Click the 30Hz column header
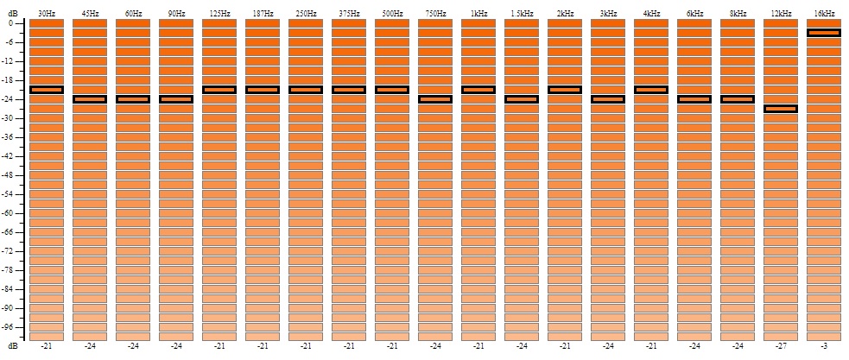click(47, 13)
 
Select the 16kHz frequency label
click(824, 13)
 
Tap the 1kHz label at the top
click(478, 13)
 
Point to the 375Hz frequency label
click(349, 13)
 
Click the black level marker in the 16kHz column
click(824, 33)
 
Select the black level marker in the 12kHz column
click(781, 109)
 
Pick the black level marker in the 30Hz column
click(47, 90)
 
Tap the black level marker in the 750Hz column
click(435, 99)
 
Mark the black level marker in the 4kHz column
click(651, 90)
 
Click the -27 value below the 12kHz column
click(781, 346)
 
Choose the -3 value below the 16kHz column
click(824, 346)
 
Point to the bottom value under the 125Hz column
click(219, 346)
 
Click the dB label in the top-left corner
click(12, 13)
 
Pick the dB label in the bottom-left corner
click(12, 346)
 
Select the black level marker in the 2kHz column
click(565, 90)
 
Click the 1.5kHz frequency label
click(522, 13)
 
